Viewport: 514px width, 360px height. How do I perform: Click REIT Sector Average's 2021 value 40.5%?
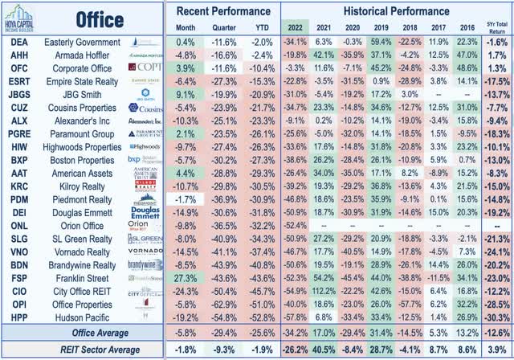pos(323,350)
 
